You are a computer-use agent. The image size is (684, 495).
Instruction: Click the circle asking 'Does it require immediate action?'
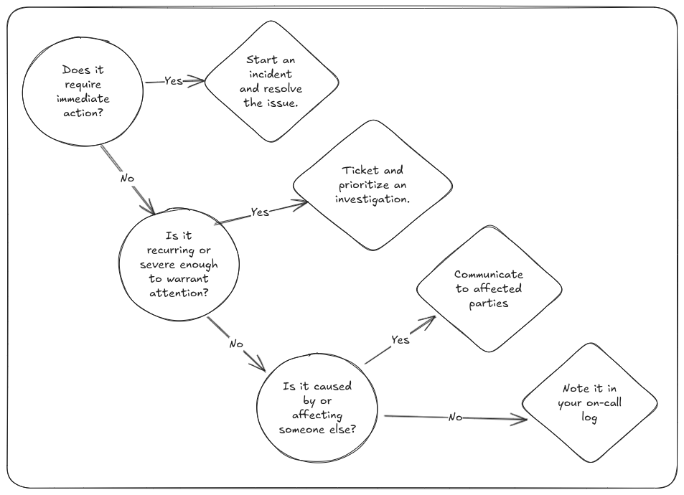pyautogui.click(x=83, y=92)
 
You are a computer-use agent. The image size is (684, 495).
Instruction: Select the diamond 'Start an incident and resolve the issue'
pyautogui.click(x=271, y=82)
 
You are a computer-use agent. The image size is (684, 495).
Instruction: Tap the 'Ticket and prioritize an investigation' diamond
pyautogui.click(x=373, y=185)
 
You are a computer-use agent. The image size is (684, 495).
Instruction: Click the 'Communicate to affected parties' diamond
pyautogui.click(x=489, y=289)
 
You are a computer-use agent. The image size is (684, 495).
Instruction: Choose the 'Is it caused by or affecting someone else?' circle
pyautogui.click(x=317, y=407)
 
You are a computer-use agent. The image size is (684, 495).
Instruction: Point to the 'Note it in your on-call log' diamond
pyautogui.click(x=589, y=402)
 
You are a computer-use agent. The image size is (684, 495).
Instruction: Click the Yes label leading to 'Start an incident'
pyautogui.click(x=174, y=81)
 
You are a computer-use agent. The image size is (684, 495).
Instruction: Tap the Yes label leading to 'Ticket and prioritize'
pyautogui.click(x=259, y=212)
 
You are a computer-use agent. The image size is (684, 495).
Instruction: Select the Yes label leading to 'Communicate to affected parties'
pyautogui.click(x=400, y=339)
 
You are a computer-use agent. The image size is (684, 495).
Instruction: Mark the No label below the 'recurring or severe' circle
pyautogui.click(x=236, y=344)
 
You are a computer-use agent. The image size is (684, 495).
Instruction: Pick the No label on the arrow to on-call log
pyautogui.click(x=455, y=418)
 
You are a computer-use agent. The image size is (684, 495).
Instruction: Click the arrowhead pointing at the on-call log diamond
pyautogui.click(x=521, y=420)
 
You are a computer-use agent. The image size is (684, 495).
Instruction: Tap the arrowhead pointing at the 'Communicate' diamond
pyautogui.click(x=429, y=321)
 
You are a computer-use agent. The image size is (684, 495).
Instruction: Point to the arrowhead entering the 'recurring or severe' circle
pyautogui.click(x=149, y=209)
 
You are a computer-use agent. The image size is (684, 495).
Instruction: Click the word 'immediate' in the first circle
pyautogui.click(x=83, y=98)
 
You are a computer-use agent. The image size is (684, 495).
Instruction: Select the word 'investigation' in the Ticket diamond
pyautogui.click(x=373, y=199)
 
